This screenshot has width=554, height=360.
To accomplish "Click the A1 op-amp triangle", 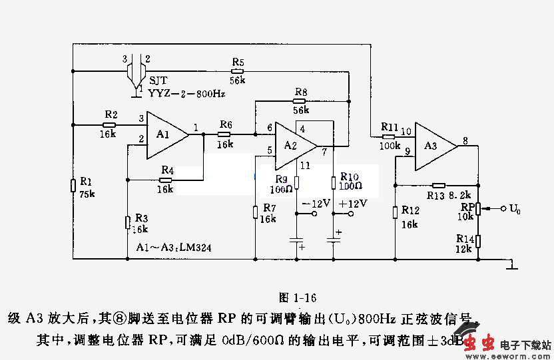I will pyautogui.click(x=166, y=134).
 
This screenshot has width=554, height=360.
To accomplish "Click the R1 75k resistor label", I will pyautogui.click(x=87, y=187).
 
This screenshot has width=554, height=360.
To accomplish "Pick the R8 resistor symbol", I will pyautogui.click(x=300, y=101).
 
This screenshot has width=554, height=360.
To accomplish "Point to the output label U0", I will pyautogui.click(x=514, y=209).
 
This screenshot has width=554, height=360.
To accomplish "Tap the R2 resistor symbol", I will pyautogui.click(x=110, y=124).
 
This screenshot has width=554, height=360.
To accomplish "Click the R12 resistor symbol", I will pyautogui.click(x=395, y=212).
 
